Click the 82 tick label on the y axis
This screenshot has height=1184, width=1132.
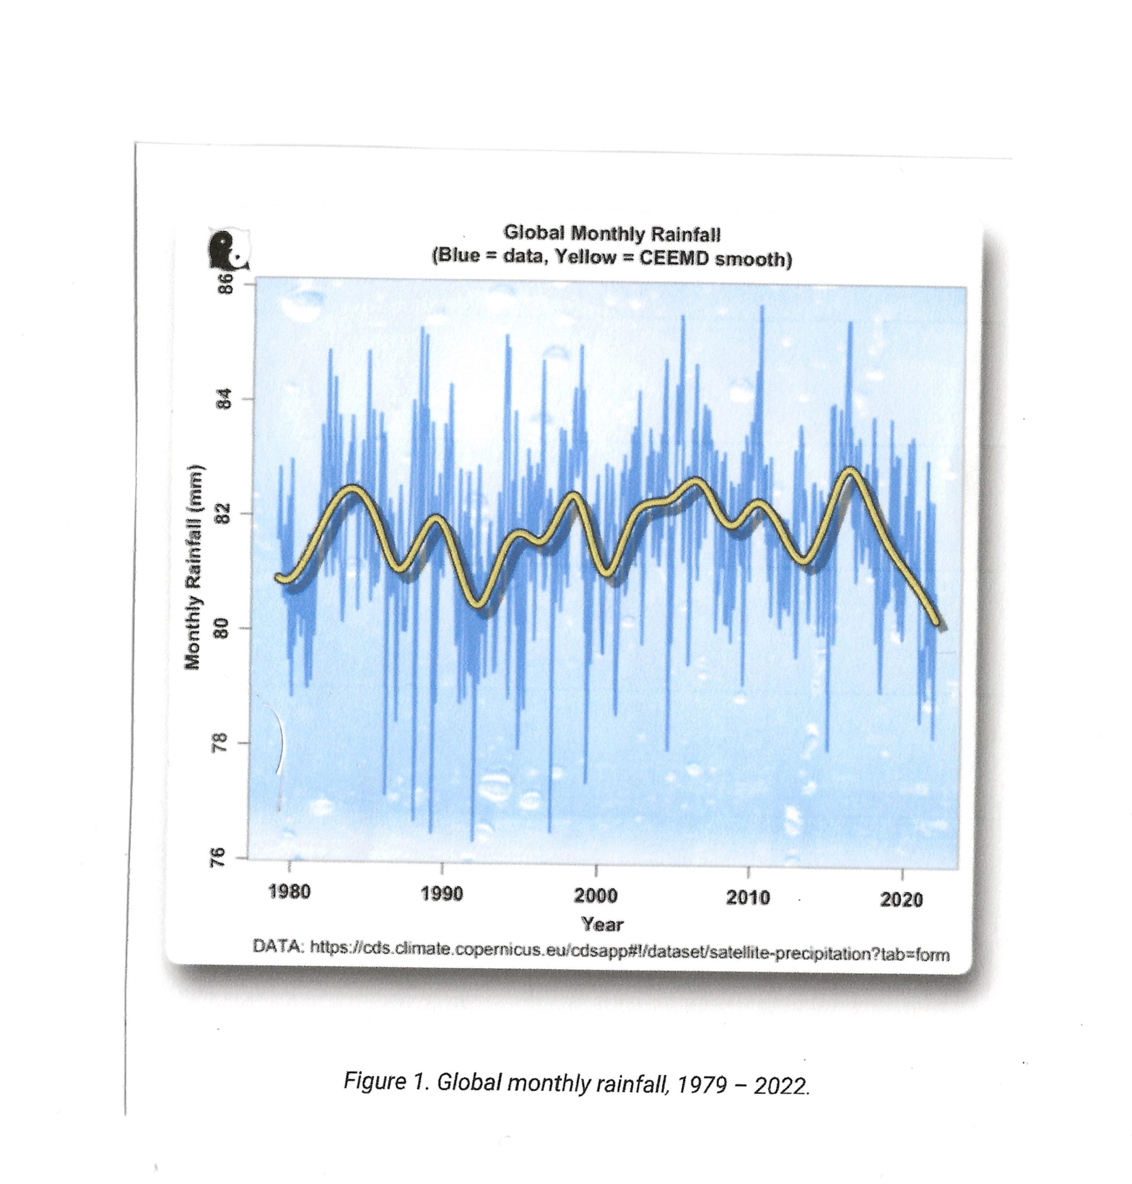(224, 514)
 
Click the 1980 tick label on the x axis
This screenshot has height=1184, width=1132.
(289, 891)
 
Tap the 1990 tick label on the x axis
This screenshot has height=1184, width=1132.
(442, 893)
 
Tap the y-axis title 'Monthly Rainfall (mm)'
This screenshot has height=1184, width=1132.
(193, 567)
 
